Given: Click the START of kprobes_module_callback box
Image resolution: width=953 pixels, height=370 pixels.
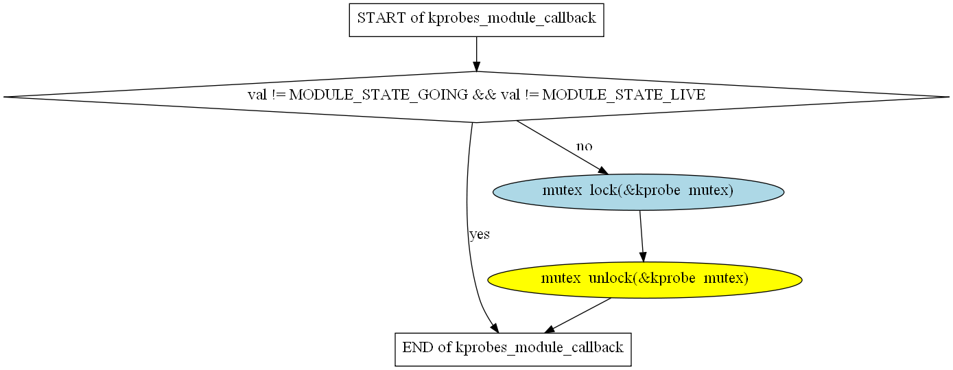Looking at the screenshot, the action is click(x=476, y=20).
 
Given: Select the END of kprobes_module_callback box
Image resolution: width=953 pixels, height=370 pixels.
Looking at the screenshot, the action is click(x=513, y=349).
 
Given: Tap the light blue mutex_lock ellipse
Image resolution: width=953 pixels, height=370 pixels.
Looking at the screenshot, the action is click(x=638, y=192).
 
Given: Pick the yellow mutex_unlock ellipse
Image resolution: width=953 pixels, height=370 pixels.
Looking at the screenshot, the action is click(x=644, y=280).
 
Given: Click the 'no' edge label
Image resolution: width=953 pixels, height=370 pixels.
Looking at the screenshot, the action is click(x=584, y=146).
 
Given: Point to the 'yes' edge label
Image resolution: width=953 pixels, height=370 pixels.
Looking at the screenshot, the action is click(x=480, y=234).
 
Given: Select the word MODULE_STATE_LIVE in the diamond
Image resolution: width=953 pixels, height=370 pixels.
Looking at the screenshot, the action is click(x=624, y=95).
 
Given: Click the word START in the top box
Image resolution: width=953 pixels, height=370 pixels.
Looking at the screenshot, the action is click(x=381, y=18).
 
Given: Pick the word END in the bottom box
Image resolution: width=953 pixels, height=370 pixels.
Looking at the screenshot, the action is click(x=419, y=347).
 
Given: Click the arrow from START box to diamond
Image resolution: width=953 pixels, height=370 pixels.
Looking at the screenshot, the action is click(x=476, y=54).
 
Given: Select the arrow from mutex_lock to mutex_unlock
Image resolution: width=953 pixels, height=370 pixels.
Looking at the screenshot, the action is click(x=642, y=236).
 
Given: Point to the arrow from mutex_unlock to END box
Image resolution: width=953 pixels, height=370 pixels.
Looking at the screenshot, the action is click(x=578, y=316).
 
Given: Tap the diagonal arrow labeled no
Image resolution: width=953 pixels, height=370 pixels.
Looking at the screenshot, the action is click(x=563, y=148).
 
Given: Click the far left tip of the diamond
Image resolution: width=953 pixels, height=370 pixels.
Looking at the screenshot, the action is click(x=3, y=97).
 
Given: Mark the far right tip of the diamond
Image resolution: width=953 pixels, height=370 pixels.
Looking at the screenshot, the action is click(x=950, y=97).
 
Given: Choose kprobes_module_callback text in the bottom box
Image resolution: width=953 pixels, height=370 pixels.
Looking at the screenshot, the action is click(x=539, y=348).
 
